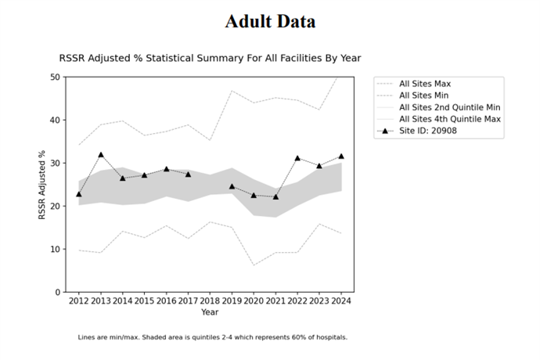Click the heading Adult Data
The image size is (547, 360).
pos(270,21)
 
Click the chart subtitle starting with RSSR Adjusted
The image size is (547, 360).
pos(210,58)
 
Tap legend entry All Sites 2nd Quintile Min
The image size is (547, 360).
pos(449,107)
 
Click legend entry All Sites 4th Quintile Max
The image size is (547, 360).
pos(449,119)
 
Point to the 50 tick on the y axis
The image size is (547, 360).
pos(55,77)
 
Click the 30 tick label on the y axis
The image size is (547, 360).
pos(55,163)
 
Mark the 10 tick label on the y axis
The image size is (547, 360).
pos(55,249)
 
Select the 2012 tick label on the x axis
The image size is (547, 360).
pos(79,301)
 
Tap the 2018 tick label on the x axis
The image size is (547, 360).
pos(210,301)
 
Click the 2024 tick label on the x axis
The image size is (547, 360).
pos(340,301)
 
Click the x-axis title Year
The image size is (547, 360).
pos(210,311)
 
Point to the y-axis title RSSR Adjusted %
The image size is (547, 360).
pos(42,185)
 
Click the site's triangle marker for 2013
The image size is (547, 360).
pos(101,155)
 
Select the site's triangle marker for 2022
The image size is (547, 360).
pos(297,158)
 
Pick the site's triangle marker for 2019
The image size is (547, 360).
pos(232,186)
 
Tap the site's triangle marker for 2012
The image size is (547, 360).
pos(79,194)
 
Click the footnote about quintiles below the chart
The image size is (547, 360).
pos(212,337)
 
